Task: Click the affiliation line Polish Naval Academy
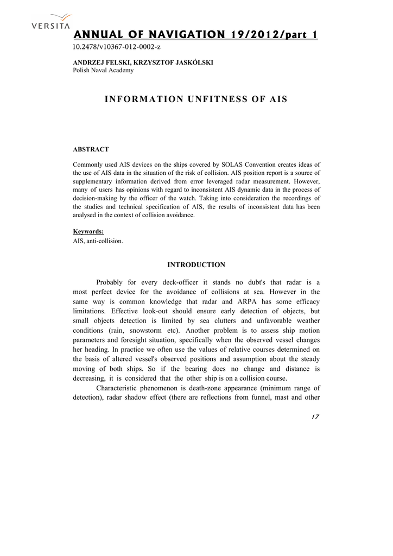click(103, 71)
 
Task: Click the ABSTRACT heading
click(91, 149)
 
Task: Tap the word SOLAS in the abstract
click(204, 165)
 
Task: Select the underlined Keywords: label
click(88, 231)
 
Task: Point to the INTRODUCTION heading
click(196, 265)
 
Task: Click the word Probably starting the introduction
click(110, 282)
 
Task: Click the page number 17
click(315, 417)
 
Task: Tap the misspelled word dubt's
click(243, 282)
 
